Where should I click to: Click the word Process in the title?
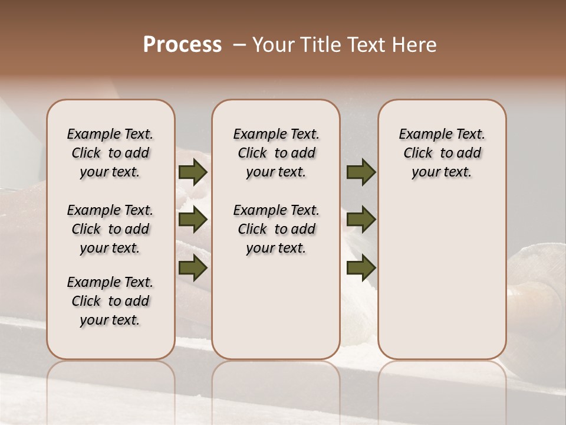coord(182,45)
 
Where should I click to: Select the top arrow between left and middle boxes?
coord(193,172)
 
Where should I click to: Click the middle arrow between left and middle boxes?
coord(193,220)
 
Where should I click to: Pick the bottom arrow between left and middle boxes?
coord(193,267)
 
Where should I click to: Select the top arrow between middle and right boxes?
coord(361,172)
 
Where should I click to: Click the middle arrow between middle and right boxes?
coord(361,220)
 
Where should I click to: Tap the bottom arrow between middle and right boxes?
coord(361,267)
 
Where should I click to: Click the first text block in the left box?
coord(110,153)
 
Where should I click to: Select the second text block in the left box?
coord(110,229)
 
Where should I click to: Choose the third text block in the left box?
coord(110,301)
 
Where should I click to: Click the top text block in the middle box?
coord(276,153)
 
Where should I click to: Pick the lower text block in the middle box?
coord(276,229)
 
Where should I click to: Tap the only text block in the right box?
coord(442,153)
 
